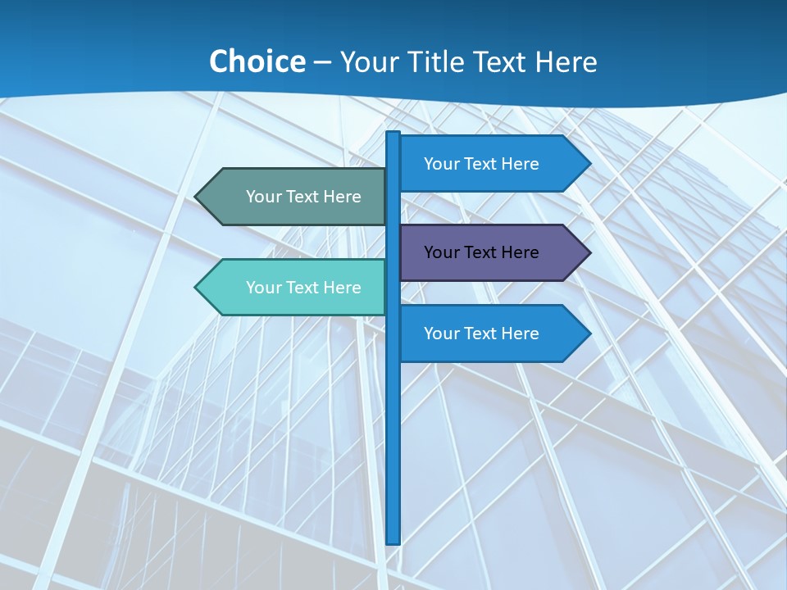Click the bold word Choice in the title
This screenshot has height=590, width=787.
tap(257, 61)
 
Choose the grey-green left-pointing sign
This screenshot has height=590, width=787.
tap(295, 197)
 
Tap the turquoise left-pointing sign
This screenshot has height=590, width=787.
tap(295, 288)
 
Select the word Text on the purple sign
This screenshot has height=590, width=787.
tap(481, 252)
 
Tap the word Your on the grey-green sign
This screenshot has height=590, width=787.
tap(263, 197)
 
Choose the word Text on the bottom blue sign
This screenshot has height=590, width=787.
tap(481, 334)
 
